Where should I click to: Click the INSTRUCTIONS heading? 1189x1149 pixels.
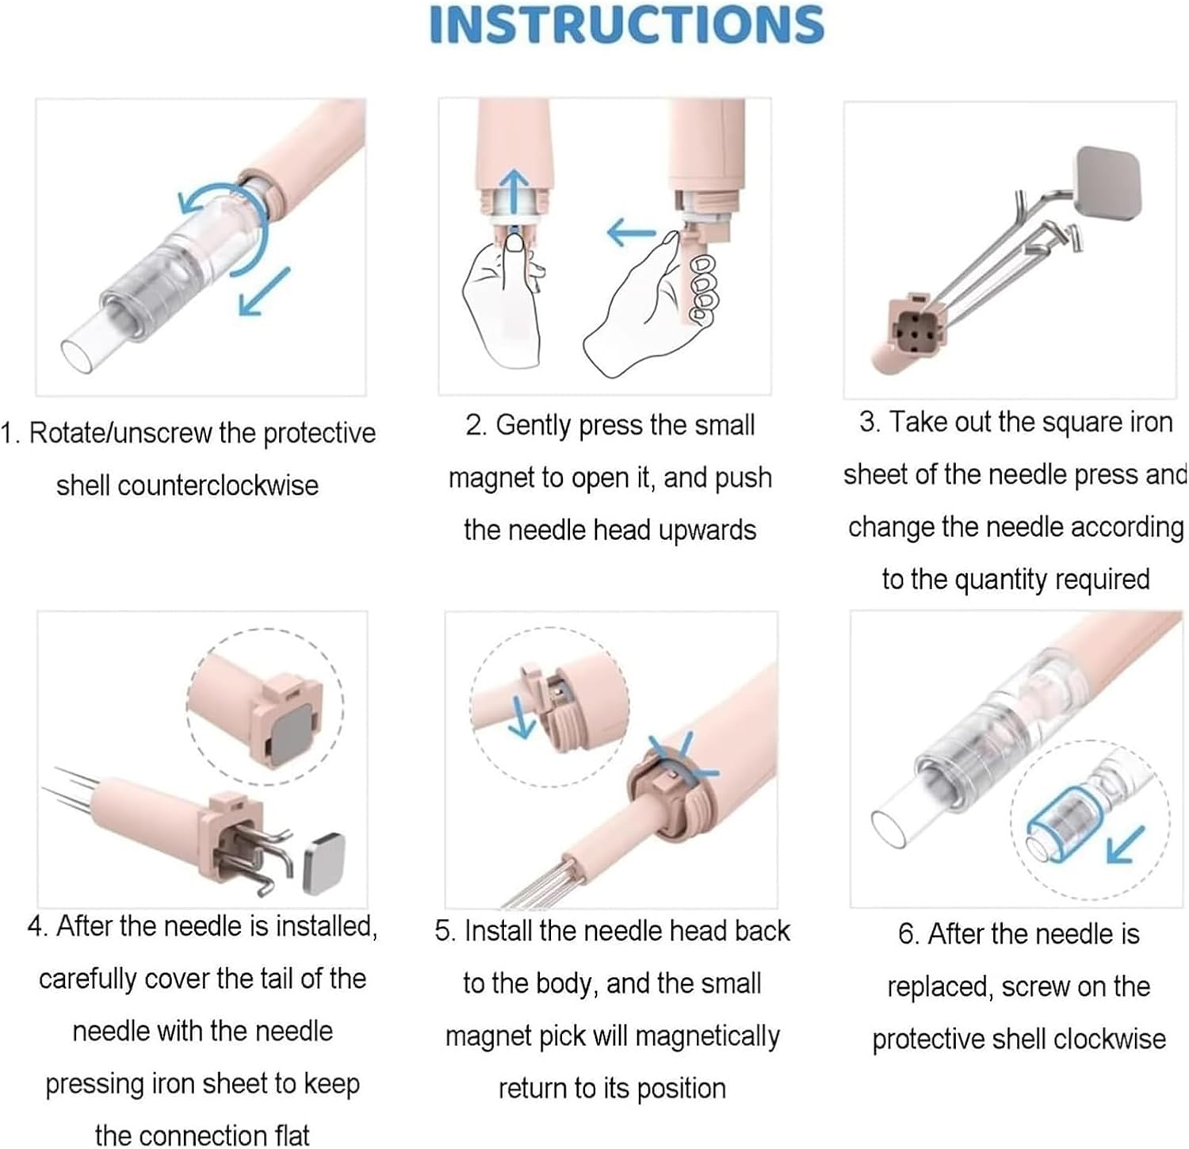[x=626, y=25]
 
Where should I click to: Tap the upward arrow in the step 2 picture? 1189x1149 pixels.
[x=516, y=191]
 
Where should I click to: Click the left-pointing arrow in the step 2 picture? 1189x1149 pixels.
[x=631, y=232]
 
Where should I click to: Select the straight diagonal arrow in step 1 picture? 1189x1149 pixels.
[x=264, y=291]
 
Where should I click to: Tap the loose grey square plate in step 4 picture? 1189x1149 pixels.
[x=324, y=864]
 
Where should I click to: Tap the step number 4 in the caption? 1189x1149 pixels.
[x=35, y=926]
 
